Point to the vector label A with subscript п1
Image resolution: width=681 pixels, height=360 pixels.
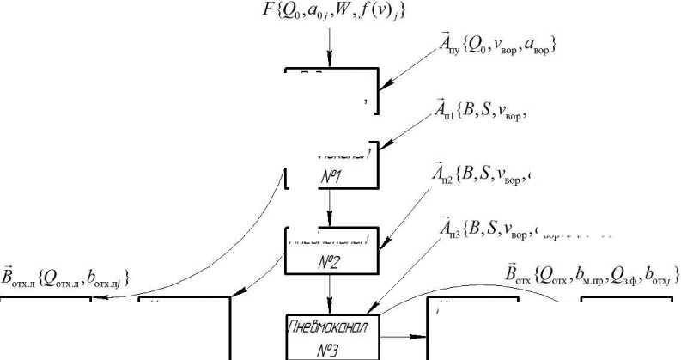click(x=447, y=112)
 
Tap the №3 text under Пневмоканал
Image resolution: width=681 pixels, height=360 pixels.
click(x=331, y=348)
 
